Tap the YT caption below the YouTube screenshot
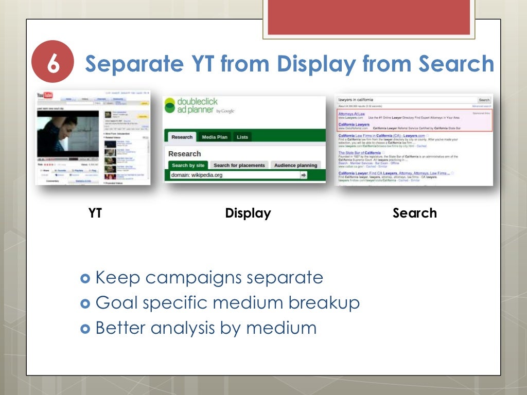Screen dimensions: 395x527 coord(95,213)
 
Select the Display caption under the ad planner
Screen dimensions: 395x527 coord(248,213)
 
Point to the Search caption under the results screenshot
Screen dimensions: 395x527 coord(414,213)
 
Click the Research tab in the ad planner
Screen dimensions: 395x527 coord(182,137)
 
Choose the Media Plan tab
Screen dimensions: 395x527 coord(215,137)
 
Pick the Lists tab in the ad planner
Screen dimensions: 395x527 coord(242,137)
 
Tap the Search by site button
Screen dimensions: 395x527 coord(188,165)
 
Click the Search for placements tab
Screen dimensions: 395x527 coord(239,165)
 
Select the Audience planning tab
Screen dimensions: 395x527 coord(295,165)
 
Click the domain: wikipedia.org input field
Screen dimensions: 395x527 coord(234,175)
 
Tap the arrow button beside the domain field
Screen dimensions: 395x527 coord(304,175)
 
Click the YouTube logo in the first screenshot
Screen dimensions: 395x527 coord(45,96)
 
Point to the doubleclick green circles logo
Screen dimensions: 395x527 coord(170,105)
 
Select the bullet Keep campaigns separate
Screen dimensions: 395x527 coord(209,278)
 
